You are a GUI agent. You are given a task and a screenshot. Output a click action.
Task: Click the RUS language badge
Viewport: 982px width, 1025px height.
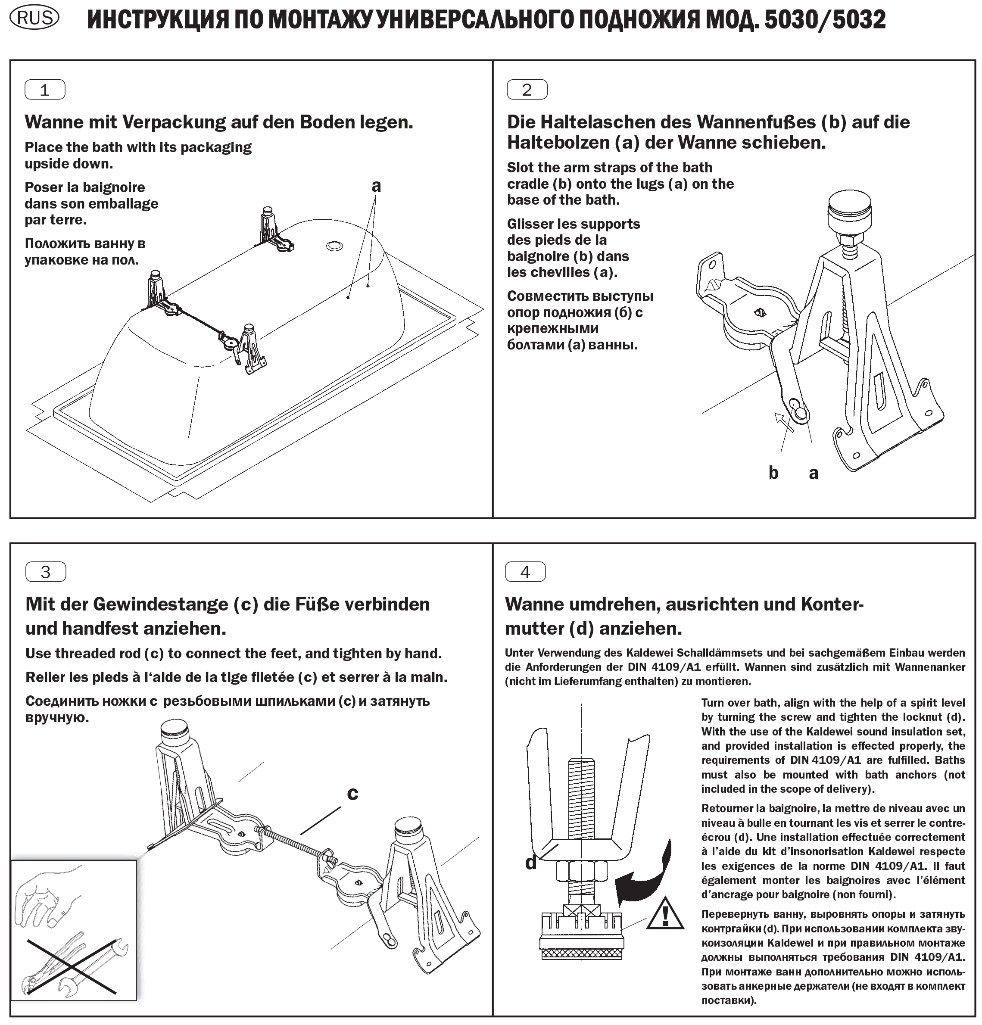click(35, 18)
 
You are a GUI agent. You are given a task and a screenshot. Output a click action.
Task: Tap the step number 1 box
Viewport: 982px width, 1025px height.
click(45, 90)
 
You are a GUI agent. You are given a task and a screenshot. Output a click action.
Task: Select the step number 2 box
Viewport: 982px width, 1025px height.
click(527, 90)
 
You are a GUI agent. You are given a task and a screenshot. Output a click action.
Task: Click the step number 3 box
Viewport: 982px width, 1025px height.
click(46, 572)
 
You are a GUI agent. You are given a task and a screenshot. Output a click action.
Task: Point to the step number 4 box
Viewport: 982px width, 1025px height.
click(525, 572)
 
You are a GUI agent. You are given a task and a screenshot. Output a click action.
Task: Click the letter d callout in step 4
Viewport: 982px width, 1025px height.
click(531, 863)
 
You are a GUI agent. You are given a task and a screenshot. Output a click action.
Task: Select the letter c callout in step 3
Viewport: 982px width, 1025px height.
click(352, 793)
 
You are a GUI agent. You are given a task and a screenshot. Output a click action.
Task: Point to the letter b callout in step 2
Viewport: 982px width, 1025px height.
click(773, 473)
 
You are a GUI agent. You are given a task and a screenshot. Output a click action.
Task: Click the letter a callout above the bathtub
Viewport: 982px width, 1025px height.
click(376, 186)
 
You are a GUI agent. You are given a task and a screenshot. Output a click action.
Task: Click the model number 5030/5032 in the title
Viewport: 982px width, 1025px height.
click(825, 20)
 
